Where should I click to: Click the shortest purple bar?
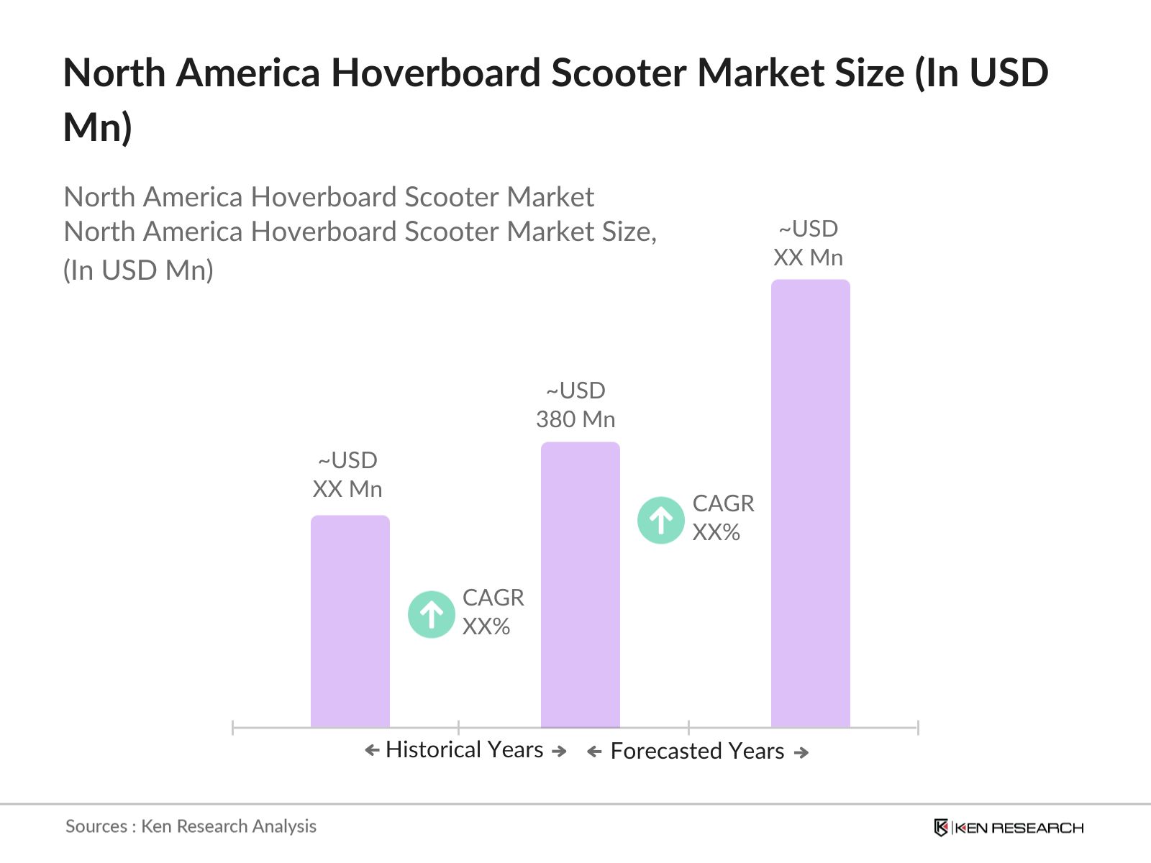pos(350,621)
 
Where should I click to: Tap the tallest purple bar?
pos(810,503)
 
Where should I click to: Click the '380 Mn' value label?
pos(575,419)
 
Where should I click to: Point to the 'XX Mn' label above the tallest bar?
pos(808,257)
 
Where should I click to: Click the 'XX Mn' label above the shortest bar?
pos(347,489)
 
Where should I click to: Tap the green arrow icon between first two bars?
pos(431,614)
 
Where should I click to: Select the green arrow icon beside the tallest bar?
pos(660,520)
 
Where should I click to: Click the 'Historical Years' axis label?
pos(464,749)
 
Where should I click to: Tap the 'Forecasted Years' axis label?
pos(696,751)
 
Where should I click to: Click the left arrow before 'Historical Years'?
pos(372,751)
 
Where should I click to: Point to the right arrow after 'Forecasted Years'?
pos(801,752)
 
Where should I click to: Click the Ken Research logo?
pos(1009,828)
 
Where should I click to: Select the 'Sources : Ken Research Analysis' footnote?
pos(191,826)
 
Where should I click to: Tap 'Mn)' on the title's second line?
pos(98,127)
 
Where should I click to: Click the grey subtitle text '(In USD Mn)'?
pos(138,270)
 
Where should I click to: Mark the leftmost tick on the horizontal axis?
pos(233,728)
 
